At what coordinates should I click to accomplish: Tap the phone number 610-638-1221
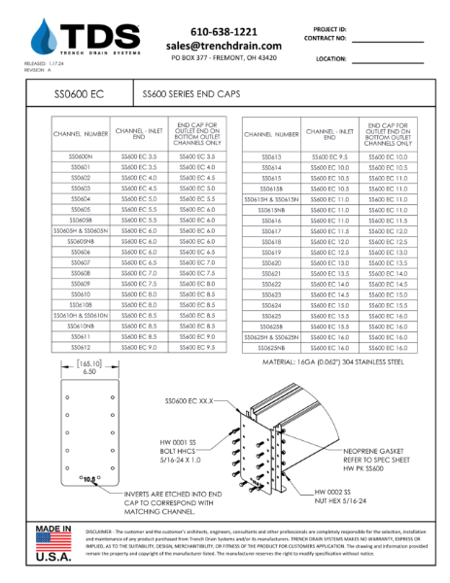tap(224, 32)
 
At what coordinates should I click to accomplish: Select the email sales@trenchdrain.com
tap(224, 46)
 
